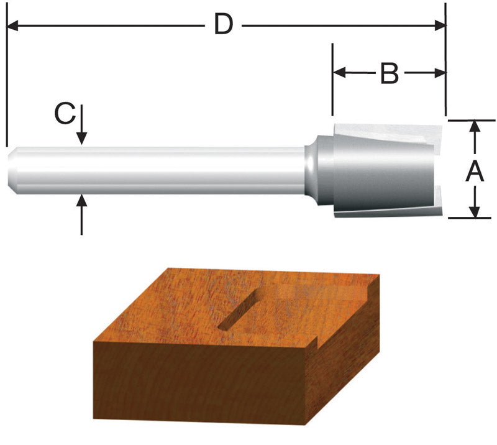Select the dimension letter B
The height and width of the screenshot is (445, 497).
coord(389,74)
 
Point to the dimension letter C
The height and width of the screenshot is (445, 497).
coord(65,114)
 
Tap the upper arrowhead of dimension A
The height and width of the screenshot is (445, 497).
coord(475,126)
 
